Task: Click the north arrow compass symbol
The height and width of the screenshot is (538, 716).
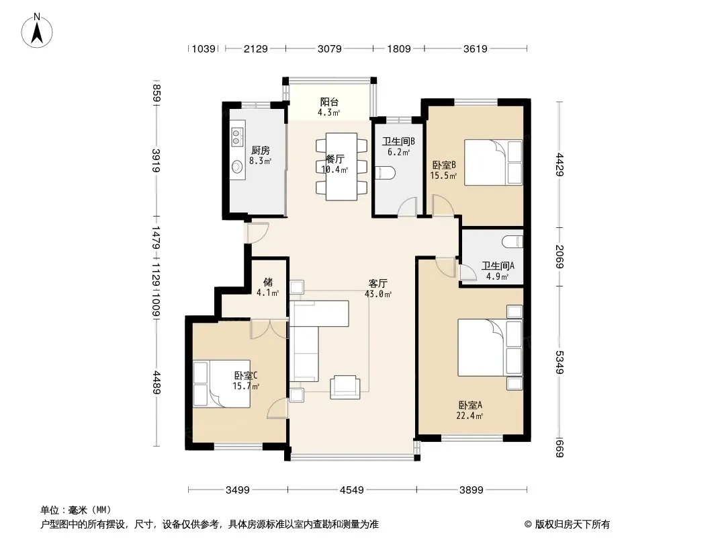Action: tap(37, 31)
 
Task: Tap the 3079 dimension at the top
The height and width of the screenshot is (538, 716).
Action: tap(329, 48)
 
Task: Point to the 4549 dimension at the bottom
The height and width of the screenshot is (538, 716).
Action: tap(351, 490)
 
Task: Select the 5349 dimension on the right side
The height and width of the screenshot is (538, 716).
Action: tap(560, 362)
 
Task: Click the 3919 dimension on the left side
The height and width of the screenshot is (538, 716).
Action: tap(156, 161)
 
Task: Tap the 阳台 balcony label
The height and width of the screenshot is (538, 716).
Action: tap(329, 102)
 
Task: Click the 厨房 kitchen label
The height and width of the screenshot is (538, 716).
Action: tap(261, 151)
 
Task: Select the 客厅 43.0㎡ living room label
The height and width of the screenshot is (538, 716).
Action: tap(378, 289)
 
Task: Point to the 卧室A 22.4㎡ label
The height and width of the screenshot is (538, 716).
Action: tap(470, 410)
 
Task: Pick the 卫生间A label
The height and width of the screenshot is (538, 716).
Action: tap(498, 266)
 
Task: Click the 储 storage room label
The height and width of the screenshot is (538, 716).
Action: tap(268, 282)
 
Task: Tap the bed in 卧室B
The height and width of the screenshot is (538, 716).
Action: tap(493, 162)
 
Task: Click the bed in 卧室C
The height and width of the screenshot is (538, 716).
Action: tap(222, 384)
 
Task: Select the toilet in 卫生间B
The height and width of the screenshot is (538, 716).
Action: tap(385, 174)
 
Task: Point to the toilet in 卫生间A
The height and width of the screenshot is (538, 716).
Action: tap(512, 241)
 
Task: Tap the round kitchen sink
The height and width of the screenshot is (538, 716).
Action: tap(237, 167)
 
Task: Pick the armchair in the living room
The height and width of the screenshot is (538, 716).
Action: tap(345, 387)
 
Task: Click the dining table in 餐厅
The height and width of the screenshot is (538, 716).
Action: tap(342, 167)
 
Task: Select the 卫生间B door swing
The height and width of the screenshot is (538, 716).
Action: tap(407, 206)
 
